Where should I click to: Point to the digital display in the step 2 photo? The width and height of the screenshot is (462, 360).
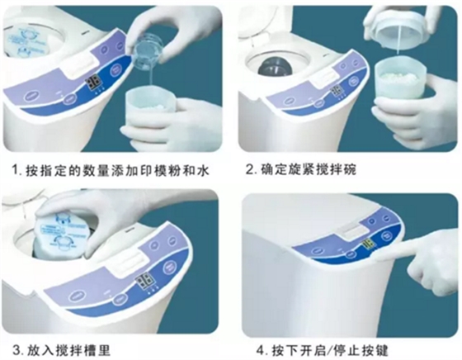pyautogui.click(x=337, y=91)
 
